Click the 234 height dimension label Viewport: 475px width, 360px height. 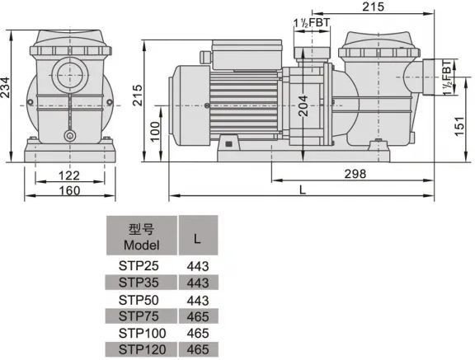point(5,87)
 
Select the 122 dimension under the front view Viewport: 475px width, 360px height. point(69,175)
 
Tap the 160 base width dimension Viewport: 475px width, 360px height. point(69,191)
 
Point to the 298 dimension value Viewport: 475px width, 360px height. point(355,174)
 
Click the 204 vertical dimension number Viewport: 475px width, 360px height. point(303,106)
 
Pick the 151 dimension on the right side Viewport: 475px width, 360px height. point(459,126)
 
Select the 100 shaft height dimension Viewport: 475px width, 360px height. point(155,132)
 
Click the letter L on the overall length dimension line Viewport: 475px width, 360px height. point(302,190)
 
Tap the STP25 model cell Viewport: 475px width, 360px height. point(139,266)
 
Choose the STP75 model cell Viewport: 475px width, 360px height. point(139,316)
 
